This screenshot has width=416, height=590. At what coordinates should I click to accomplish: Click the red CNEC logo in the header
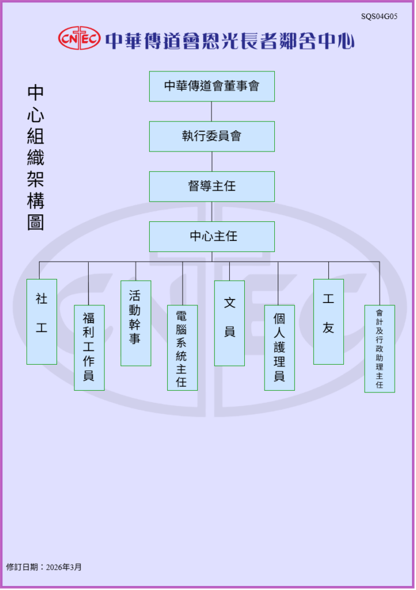point(79,39)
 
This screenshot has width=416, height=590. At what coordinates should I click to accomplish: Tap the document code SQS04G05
point(379,17)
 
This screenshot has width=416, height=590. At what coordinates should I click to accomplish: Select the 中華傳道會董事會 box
point(211,86)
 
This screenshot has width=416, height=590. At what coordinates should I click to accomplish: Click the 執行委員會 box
point(211,137)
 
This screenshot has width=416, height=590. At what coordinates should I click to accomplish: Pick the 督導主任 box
point(211,187)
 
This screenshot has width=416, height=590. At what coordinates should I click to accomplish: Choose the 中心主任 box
point(211,236)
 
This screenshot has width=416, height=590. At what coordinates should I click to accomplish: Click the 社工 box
point(41,322)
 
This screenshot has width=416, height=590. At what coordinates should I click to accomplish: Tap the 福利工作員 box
point(89,347)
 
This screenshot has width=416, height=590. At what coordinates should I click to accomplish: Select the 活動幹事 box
point(135,323)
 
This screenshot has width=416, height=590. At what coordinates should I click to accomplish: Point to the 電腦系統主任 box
point(182,347)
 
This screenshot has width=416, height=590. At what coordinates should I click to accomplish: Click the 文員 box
point(229,323)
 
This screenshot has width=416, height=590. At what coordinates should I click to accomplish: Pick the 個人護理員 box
point(279,347)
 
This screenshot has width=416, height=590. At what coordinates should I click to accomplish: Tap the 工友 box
point(328,322)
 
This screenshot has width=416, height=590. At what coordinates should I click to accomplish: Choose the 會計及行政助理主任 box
point(379,349)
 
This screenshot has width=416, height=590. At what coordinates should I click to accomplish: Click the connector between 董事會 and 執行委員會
point(211,111)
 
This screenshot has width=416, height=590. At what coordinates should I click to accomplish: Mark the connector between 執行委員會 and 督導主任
point(211,161)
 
